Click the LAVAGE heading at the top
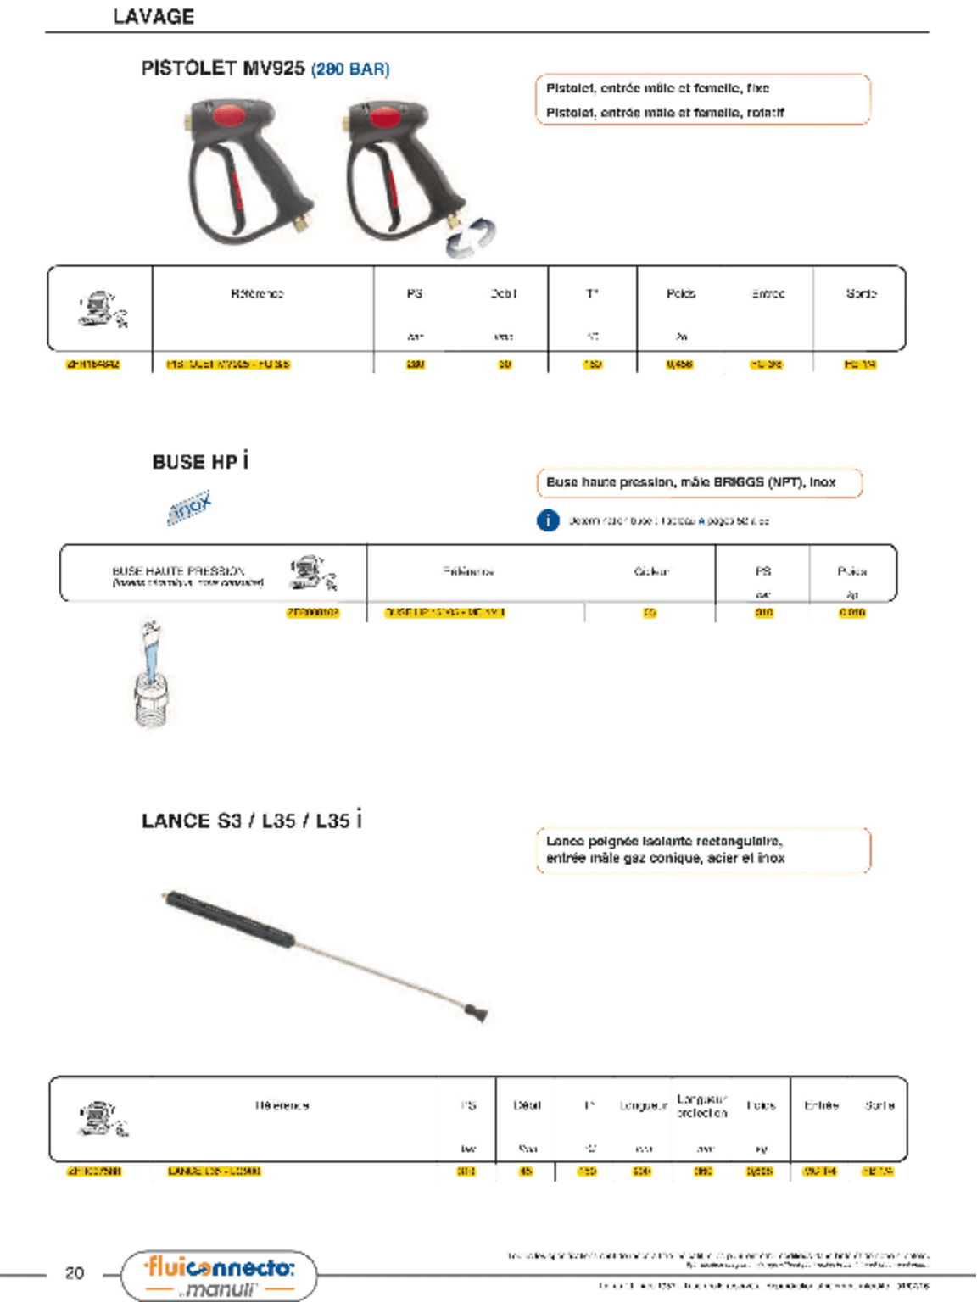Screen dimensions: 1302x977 click(x=154, y=16)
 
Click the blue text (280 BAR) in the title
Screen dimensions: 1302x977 click(x=350, y=70)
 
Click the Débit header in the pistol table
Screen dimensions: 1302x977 click(x=504, y=294)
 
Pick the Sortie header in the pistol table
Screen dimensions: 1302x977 click(x=861, y=294)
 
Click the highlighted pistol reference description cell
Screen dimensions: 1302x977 click(x=228, y=364)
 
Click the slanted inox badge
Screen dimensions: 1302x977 click(x=189, y=507)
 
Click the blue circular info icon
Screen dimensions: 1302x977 click(x=548, y=520)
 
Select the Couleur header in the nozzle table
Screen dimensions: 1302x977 click(x=651, y=571)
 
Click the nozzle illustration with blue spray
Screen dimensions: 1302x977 click(x=150, y=674)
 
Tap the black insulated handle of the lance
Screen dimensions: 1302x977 click(x=229, y=919)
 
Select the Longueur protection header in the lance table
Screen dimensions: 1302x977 click(x=701, y=1106)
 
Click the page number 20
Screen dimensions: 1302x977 click(x=75, y=1272)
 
